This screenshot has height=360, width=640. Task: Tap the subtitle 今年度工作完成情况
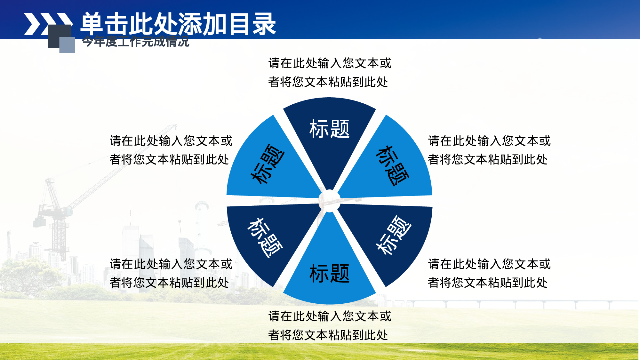(135, 42)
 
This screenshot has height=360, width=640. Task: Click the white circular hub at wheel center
(329, 201)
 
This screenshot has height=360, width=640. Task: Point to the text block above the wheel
(329, 72)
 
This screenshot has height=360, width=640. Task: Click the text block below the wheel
(329, 325)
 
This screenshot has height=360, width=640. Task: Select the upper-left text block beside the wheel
(171, 150)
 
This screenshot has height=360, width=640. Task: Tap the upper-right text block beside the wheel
(489, 150)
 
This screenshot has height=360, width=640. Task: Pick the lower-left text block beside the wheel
(171, 273)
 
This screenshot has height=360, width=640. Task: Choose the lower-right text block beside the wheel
(489, 273)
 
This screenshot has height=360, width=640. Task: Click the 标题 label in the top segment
(329, 129)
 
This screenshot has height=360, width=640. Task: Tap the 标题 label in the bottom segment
(329, 274)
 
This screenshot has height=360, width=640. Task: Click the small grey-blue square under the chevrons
(67, 45)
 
